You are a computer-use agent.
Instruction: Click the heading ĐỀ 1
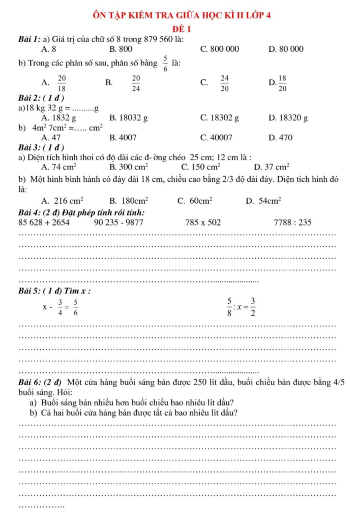point(181,28)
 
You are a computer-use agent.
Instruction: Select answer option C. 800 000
point(220,49)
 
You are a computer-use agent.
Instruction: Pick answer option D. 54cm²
point(264,201)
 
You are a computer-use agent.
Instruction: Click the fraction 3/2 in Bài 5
point(253,306)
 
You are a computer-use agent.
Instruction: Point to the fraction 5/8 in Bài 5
point(230,306)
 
